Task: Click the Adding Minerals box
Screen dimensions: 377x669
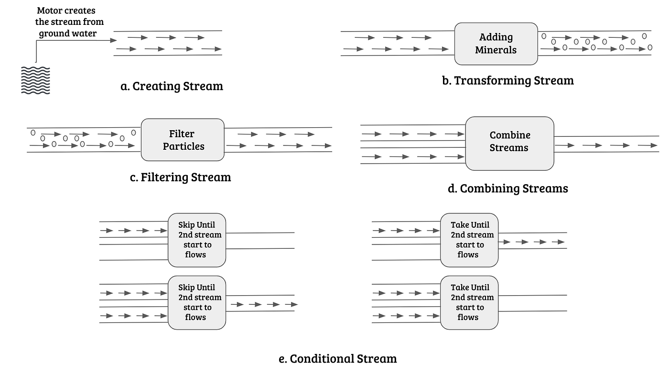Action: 496,44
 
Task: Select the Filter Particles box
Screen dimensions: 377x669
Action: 183,140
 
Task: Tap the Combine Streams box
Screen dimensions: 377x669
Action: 509,143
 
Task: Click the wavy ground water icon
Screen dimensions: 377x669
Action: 36,80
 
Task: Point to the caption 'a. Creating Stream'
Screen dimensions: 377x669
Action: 172,86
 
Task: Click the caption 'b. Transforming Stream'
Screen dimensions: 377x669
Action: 507,80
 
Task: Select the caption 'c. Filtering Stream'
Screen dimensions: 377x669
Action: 180,177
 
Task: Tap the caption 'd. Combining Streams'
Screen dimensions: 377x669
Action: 507,188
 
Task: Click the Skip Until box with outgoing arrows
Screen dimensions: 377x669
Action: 196,302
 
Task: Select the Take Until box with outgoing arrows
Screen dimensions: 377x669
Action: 469,240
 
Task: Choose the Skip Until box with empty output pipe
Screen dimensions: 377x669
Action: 196,240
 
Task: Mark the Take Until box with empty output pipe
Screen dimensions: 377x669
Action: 469,302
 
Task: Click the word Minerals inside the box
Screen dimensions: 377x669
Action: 496,50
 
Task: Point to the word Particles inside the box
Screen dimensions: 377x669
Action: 183,146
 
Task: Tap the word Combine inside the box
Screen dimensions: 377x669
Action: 510,135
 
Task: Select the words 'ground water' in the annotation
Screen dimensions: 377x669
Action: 67,33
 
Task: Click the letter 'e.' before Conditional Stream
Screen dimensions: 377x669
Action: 283,358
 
